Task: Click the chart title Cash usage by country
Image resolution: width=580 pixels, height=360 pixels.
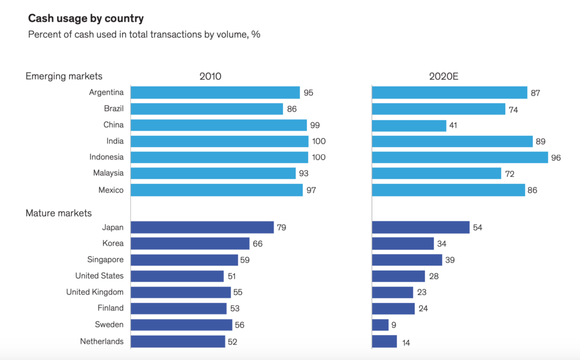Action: [x=86, y=19]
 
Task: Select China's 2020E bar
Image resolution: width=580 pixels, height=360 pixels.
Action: [x=409, y=125]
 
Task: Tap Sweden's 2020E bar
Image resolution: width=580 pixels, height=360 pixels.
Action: [x=381, y=325]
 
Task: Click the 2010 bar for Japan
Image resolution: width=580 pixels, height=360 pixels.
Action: [x=202, y=228]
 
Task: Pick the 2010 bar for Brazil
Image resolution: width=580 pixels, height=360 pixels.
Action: [x=207, y=109]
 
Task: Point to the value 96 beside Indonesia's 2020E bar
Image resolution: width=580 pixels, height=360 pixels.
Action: [x=556, y=157]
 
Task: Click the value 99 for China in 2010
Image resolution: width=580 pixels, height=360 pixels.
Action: [x=315, y=125]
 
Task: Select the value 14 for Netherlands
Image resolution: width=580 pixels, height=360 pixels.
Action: [x=406, y=342]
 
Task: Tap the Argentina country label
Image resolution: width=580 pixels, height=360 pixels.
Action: [x=106, y=92]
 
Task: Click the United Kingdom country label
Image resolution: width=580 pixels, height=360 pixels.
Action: [x=95, y=292]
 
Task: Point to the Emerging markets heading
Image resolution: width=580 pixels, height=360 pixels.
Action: [x=64, y=76]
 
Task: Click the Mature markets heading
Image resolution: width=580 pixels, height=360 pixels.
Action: [x=58, y=213]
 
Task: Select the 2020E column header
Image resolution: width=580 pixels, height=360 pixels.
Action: [x=444, y=76]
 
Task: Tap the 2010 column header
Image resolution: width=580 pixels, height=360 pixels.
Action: [x=211, y=76]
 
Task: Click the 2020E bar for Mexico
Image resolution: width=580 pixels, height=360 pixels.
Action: [x=449, y=190]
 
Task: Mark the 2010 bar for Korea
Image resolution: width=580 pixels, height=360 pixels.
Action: [x=190, y=243]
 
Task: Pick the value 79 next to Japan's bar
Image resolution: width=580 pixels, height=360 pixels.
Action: [x=282, y=228]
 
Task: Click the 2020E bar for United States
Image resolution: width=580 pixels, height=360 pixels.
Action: [x=399, y=276]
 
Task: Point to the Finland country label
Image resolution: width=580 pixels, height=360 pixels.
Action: [x=110, y=308]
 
